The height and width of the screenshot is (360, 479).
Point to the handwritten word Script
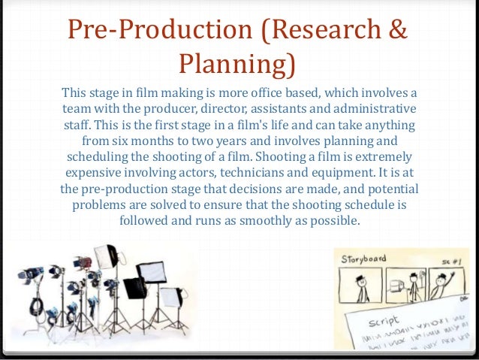point(385,319)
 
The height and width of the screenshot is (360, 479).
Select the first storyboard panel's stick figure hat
point(360,277)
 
